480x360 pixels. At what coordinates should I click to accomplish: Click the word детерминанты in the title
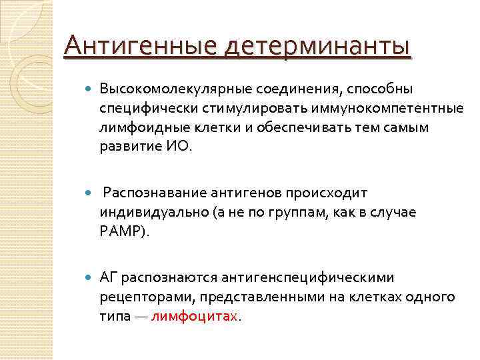(319, 47)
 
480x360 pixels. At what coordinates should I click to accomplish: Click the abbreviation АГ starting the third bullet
(109, 277)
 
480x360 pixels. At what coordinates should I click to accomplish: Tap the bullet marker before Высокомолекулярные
(89, 88)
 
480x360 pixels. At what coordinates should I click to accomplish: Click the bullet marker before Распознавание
(89, 192)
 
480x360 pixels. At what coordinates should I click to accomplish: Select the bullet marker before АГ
(89, 277)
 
